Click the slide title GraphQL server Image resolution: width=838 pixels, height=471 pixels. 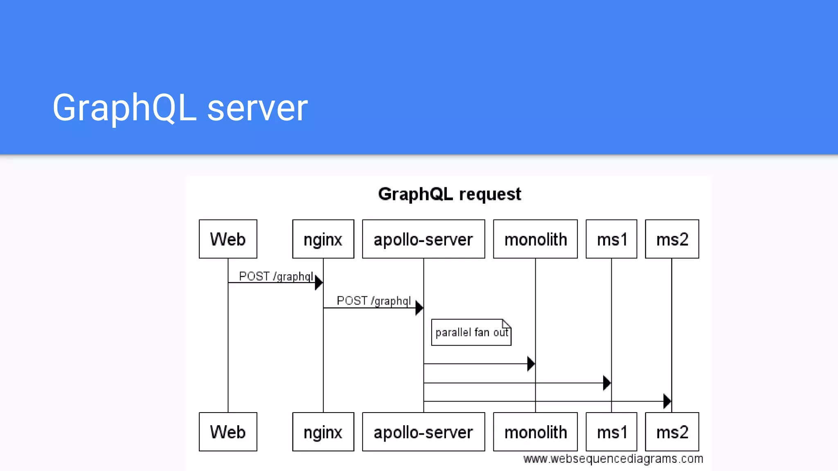180,108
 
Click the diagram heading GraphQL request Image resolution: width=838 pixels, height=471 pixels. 449,194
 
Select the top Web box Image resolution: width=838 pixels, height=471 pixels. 228,239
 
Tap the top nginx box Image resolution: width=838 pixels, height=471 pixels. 323,239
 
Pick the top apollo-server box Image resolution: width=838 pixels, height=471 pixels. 424,239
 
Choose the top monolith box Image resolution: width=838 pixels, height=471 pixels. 535,239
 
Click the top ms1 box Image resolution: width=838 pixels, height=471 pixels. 611,239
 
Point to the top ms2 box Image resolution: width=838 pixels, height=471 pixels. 672,239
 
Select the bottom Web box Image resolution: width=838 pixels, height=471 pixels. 228,432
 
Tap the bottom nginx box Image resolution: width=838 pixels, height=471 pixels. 323,432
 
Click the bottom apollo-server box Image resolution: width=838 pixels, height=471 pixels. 424,432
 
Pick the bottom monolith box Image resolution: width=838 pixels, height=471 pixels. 535,432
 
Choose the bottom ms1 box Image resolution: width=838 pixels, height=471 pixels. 611,432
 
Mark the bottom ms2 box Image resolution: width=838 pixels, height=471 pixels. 672,432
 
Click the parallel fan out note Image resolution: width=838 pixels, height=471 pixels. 471,332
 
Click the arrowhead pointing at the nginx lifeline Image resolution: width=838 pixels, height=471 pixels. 319,283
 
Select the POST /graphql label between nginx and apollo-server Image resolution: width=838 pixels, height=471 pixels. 374,301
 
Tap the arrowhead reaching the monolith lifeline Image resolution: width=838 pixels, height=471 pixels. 531,363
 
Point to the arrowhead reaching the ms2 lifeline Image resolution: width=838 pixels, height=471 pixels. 667,401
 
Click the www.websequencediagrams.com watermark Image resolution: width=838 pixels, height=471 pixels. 613,459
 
